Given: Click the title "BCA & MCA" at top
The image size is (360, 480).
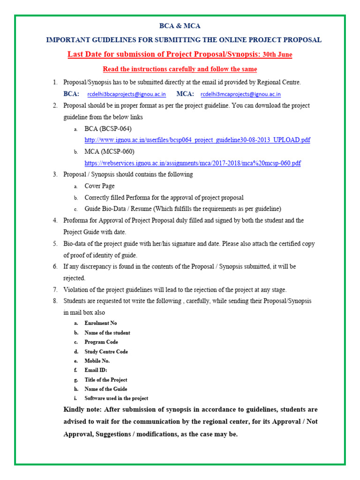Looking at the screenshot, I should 180,26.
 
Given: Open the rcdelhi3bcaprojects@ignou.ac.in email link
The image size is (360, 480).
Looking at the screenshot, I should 127,94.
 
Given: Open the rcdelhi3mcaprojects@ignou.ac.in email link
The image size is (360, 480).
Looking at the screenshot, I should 240,94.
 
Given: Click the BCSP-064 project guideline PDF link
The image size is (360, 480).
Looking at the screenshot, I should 197,140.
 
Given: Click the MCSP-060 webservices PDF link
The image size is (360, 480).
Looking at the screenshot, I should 192,163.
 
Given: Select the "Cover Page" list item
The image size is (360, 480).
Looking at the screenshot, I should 99,186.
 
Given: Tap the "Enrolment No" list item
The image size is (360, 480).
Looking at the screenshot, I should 100,323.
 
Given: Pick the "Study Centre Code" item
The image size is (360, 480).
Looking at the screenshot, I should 106,352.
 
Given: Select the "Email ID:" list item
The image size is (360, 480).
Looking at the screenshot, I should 96,370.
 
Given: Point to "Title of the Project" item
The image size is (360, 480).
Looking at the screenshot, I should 105,380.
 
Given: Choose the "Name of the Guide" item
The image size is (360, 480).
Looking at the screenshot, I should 105,389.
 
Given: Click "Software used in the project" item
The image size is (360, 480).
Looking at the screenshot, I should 116,398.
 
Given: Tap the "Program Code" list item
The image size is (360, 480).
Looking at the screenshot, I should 101,342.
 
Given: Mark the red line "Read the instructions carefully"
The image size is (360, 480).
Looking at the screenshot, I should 180,69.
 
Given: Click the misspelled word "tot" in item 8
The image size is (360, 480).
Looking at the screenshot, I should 130,301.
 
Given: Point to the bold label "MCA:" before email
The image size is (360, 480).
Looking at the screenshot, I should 185,94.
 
